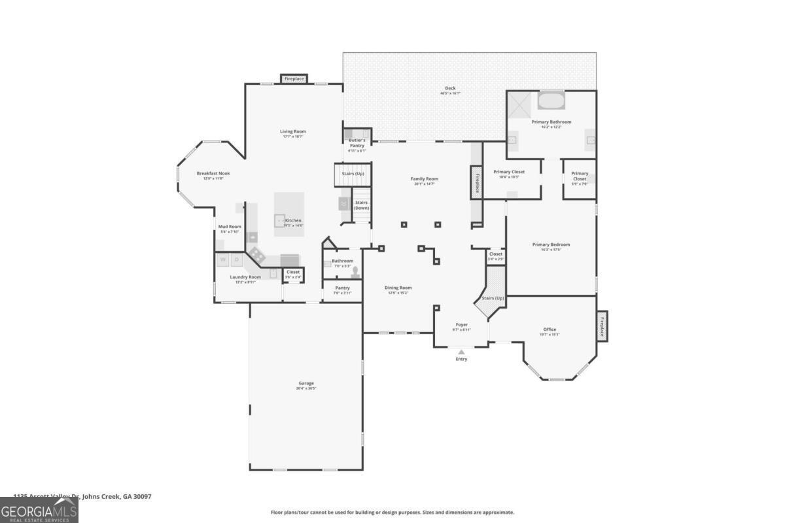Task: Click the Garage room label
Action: [306, 384]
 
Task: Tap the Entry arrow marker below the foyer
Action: [461, 352]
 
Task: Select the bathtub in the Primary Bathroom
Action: [551, 101]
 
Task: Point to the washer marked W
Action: [223, 260]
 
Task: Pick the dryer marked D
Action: [237, 260]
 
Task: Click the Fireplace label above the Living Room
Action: [294, 79]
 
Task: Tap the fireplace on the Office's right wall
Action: [602, 325]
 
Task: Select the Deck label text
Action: [450, 88]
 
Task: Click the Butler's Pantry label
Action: [357, 143]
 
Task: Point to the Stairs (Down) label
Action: [361, 205]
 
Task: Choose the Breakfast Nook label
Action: [213, 174]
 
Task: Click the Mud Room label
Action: [230, 227]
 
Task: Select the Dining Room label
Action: [398, 288]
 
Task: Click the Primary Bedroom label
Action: [551, 245]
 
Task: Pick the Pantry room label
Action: [342, 288]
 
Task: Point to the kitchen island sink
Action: [280, 221]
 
